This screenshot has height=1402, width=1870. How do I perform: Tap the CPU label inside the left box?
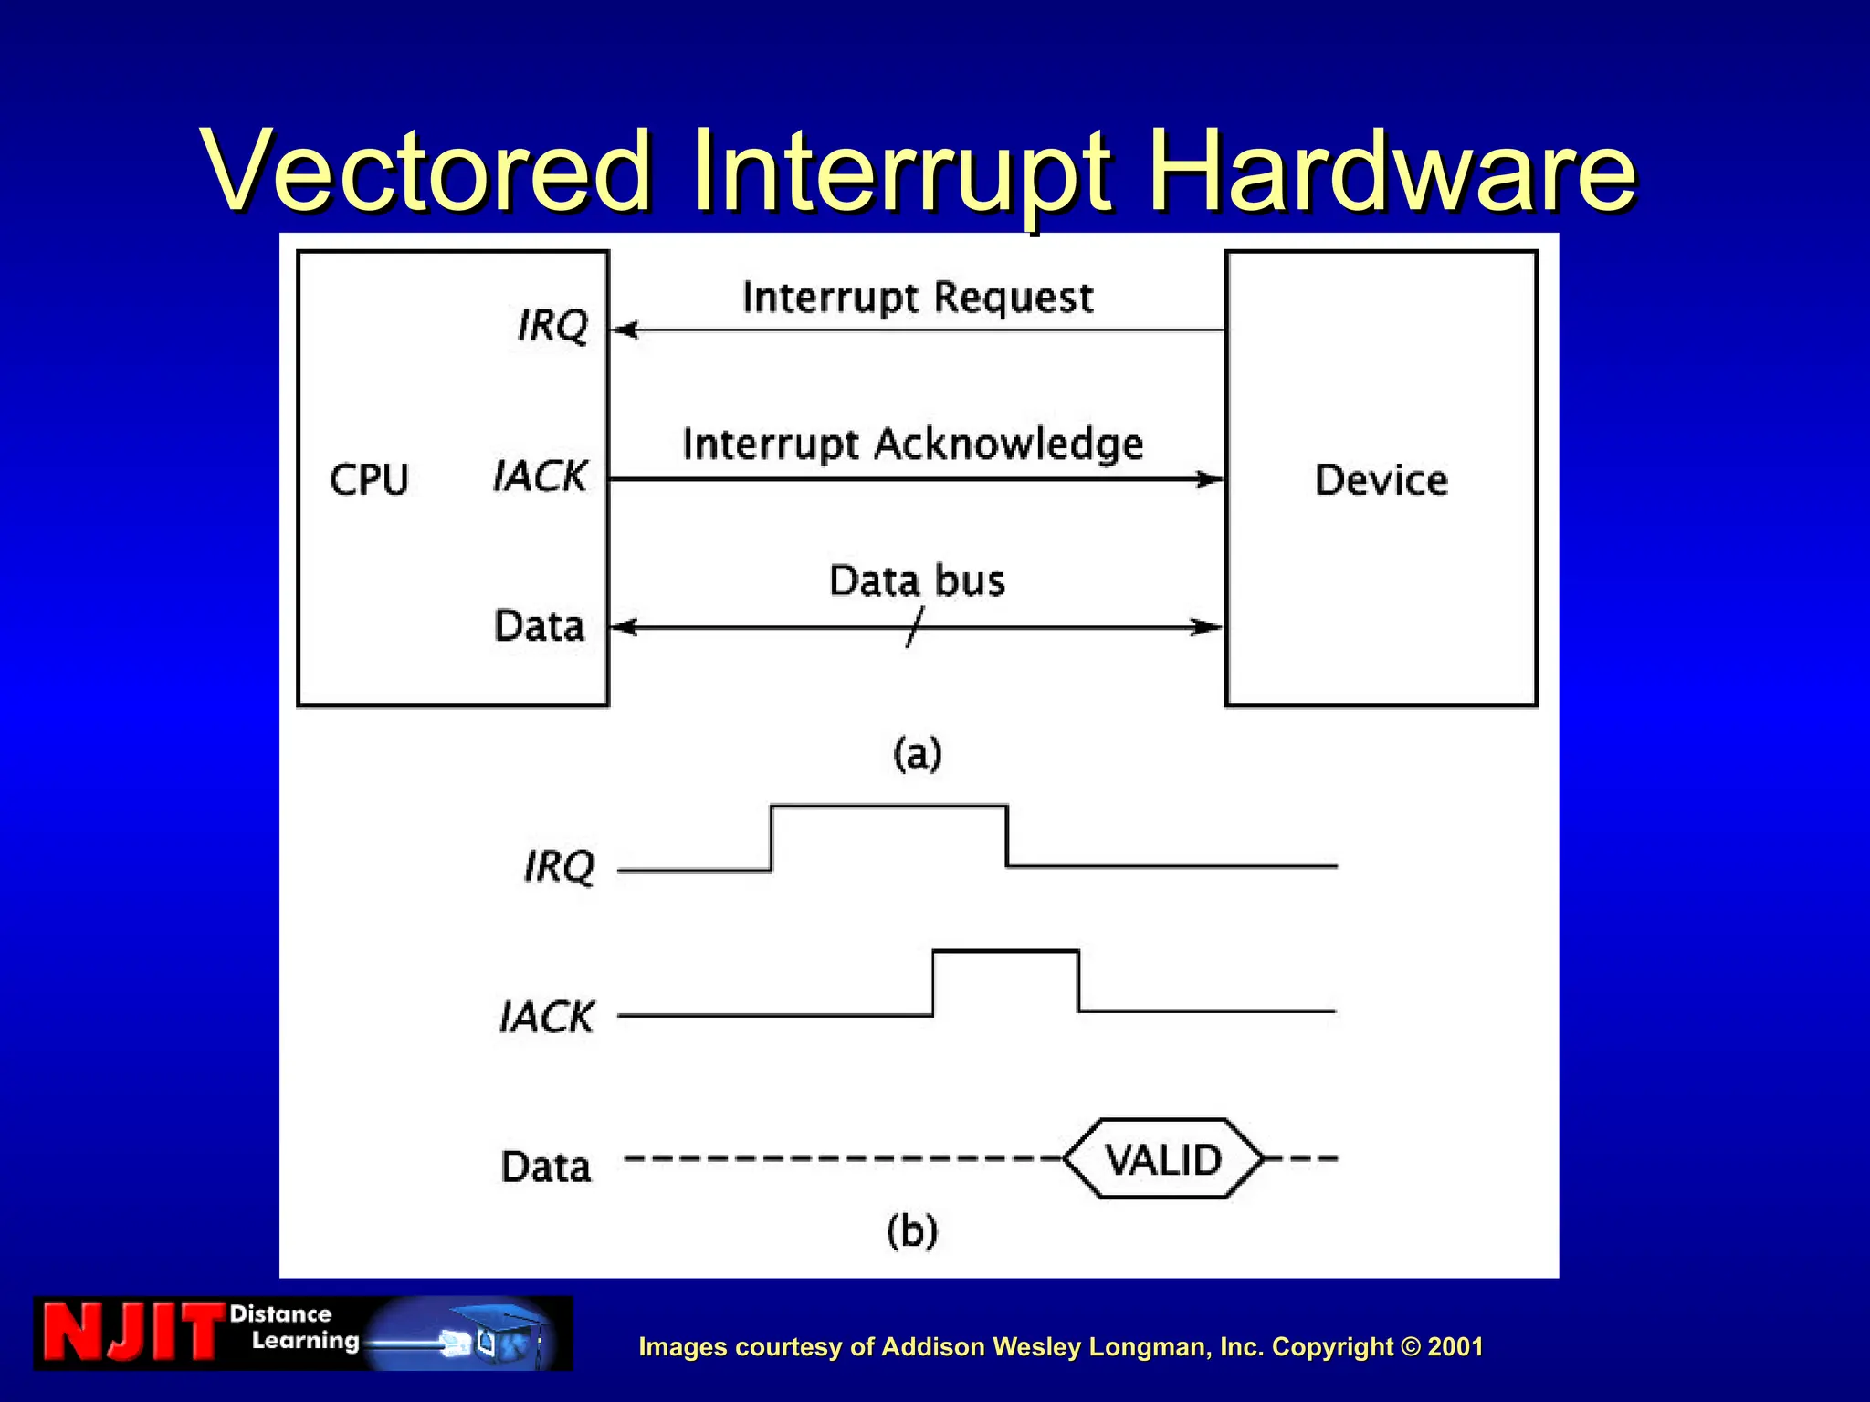pyautogui.click(x=369, y=480)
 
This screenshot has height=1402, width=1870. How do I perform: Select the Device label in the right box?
pyautogui.click(x=1381, y=480)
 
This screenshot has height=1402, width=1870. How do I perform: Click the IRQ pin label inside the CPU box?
pyautogui.click(x=552, y=325)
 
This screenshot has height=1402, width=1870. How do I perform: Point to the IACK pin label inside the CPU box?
pyautogui.click(x=540, y=476)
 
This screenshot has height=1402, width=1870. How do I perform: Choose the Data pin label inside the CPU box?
pyautogui.click(x=539, y=626)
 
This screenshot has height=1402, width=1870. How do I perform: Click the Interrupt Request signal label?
pyautogui.click(x=917, y=298)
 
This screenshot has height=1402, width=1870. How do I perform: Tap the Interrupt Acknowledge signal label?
pyautogui.click(x=912, y=445)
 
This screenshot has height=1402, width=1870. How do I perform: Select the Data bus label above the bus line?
pyautogui.click(x=917, y=581)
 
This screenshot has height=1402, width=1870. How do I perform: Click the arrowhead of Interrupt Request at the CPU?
pyautogui.click(x=625, y=330)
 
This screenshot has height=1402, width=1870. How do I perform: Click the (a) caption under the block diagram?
pyautogui.click(x=917, y=754)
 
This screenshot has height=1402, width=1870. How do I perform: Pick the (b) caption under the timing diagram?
pyautogui.click(x=912, y=1230)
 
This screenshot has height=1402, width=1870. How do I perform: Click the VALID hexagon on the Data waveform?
pyautogui.click(x=1163, y=1159)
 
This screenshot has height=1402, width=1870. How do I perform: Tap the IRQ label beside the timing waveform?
pyautogui.click(x=559, y=866)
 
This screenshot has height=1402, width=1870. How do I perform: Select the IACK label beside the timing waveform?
pyautogui.click(x=546, y=1017)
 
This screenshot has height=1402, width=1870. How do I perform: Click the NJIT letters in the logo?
pyautogui.click(x=133, y=1333)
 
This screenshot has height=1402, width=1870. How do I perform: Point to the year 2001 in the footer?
pyautogui.click(x=1455, y=1347)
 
